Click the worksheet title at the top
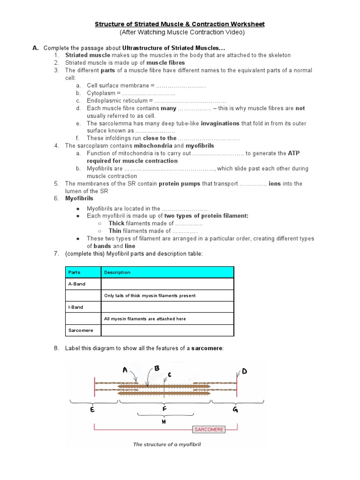point(180,23)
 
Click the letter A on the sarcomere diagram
point(125,370)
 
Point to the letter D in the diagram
point(244,372)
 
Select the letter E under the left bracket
point(92,410)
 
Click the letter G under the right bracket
point(235,410)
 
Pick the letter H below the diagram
point(164,421)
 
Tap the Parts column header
point(74,272)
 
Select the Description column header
point(117,272)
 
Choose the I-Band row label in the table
point(75,307)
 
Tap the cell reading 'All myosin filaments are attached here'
point(145,319)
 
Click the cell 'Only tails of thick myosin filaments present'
point(150,296)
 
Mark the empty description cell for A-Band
point(167,284)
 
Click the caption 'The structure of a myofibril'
point(166,444)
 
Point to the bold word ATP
point(293,153)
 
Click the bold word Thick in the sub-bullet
point(116,223)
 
